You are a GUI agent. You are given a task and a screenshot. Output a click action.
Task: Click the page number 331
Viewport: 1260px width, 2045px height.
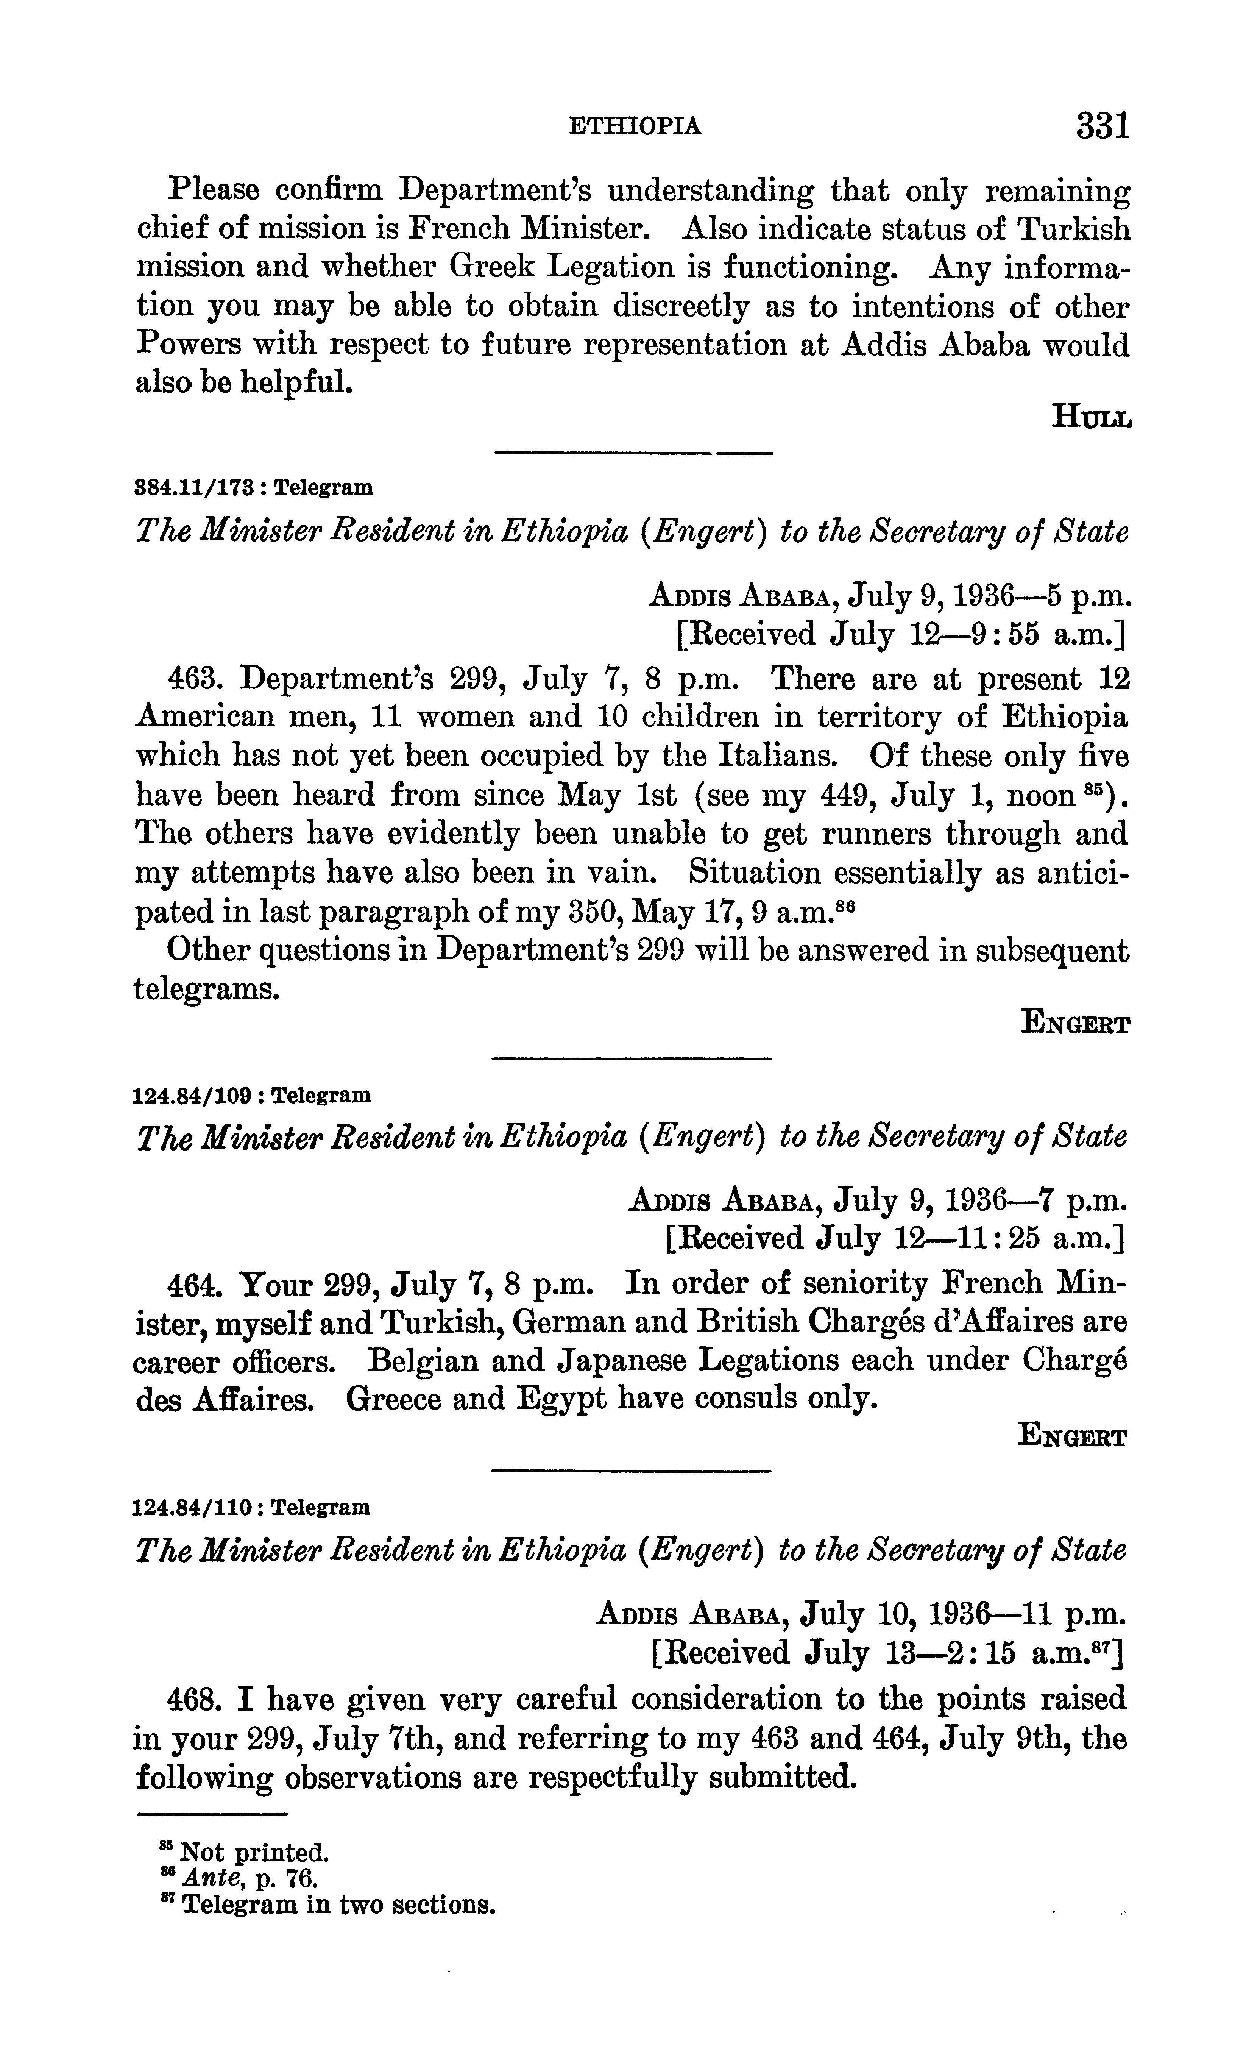pyautogui.click(x=1102, y=126)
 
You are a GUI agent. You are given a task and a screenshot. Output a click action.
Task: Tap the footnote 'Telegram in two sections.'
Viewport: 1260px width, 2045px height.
pyautogui.click(x=337, y=1906)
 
